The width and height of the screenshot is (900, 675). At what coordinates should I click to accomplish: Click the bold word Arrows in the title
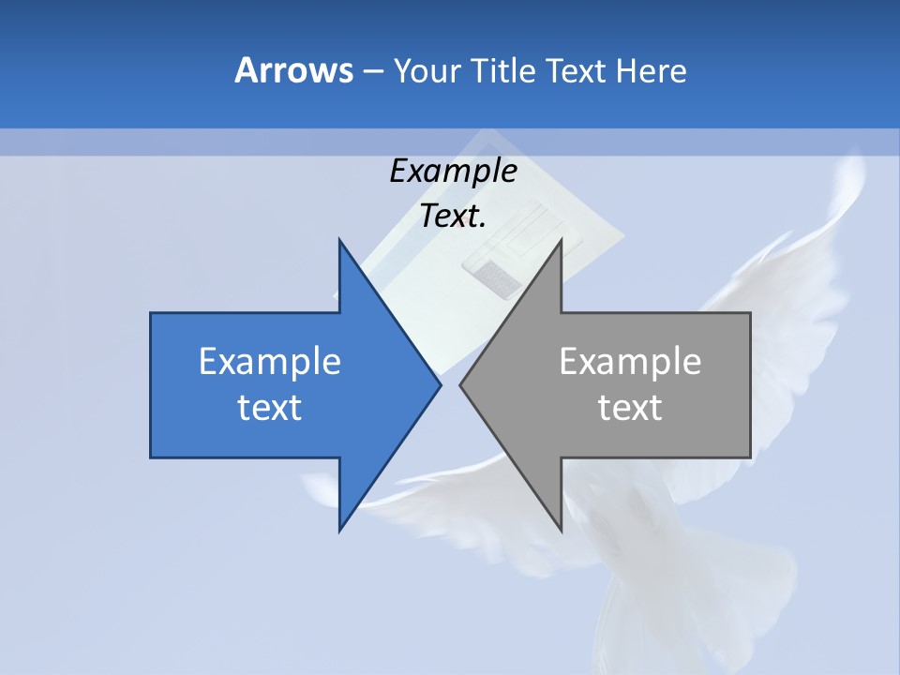click(293, 70)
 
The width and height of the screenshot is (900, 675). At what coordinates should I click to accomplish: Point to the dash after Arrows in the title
click(372, 71)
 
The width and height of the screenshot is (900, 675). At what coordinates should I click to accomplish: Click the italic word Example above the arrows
click(453, 171)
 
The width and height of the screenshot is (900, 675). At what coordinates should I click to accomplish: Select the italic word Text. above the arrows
click(453, 217)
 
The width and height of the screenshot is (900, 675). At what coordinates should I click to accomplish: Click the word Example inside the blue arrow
click(270, 361)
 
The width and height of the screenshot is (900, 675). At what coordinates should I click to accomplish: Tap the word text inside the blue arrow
click(270, 408)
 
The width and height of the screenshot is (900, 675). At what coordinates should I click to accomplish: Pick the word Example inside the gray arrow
click(630, 361)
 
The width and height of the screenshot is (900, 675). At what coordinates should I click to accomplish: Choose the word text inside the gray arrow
click(630, 408)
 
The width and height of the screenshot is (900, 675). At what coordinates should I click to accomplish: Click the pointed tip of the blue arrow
click(440, 384)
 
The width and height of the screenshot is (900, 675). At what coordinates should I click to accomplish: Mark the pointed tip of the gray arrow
click(461, 384)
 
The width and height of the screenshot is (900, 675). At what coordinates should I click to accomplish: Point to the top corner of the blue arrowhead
click(340, 241)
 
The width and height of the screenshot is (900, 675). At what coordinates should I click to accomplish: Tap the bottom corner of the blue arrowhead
click(340, 530)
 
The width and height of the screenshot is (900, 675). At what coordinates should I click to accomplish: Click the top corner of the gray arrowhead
click(560, 241)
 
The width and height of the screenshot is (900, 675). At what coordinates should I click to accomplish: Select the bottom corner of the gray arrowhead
click(560, 530)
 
